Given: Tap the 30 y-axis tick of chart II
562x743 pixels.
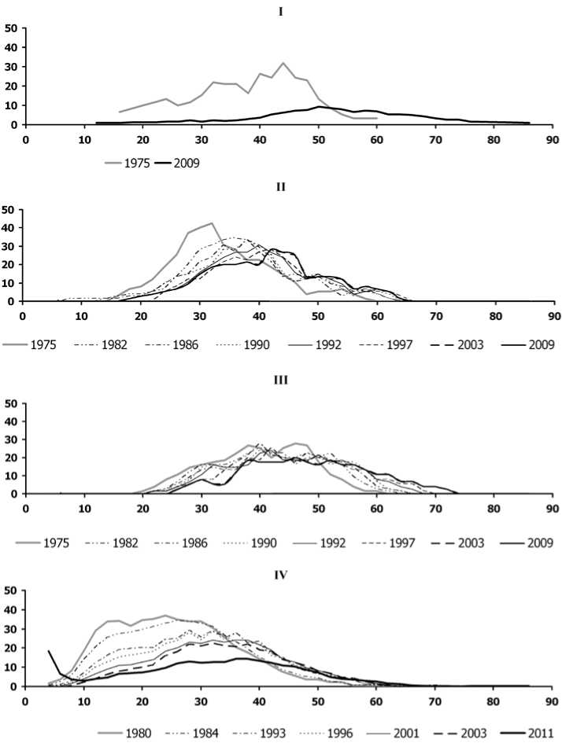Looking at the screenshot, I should point(12,246).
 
